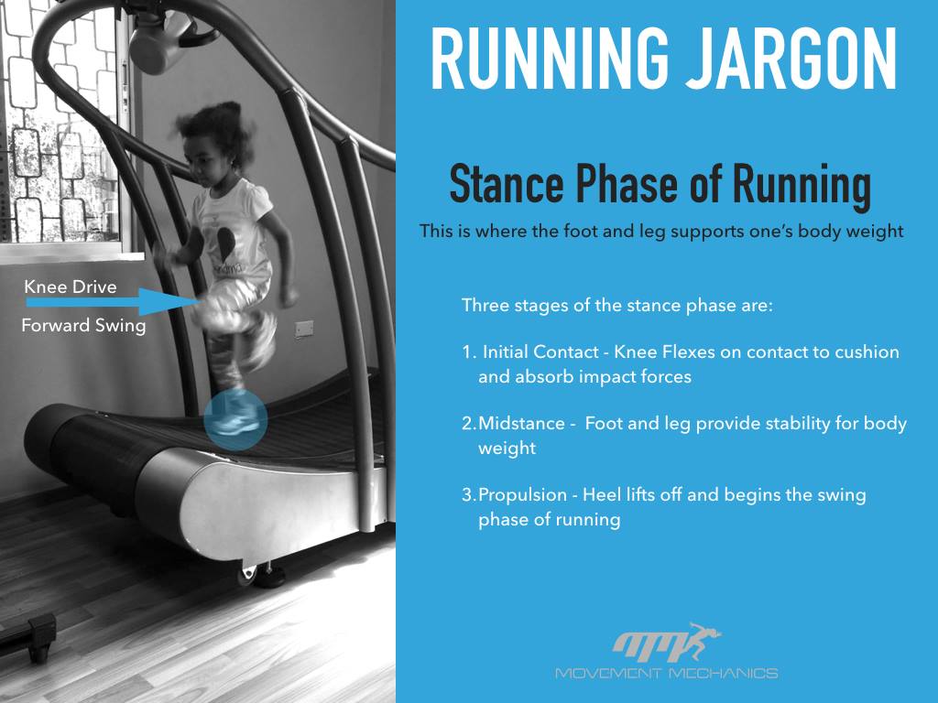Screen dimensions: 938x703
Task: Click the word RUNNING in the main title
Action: coord(550,59)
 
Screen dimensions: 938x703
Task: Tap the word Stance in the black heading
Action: coord(507,184)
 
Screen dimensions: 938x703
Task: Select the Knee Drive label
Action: coord(71,287)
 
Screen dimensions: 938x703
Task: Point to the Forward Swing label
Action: coord(83,326)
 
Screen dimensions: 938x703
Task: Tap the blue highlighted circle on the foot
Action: coord(235,419)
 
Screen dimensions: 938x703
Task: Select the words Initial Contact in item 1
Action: coord(540,351)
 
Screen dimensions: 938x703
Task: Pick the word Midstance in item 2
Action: coord(521,423)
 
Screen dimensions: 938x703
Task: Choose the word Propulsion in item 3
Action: coord(522,495)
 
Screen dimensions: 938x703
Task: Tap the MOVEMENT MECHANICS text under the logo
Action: coord(667,673)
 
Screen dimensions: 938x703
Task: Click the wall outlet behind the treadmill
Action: coord(304,330)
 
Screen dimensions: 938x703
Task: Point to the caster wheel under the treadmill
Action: coord(247,575)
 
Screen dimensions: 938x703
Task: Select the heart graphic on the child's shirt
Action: coord(225,242)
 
